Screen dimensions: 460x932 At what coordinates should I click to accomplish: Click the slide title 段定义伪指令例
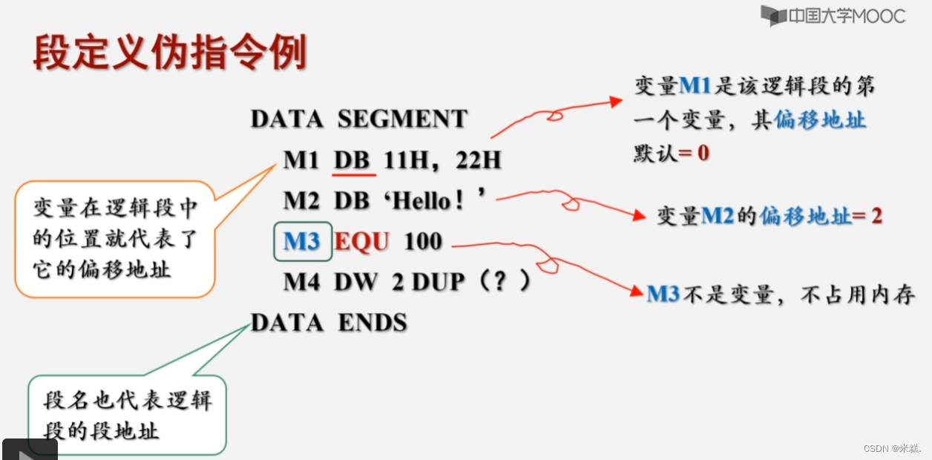[x=170, y=53]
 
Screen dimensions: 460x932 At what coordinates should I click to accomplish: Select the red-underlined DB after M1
[x=352, y=160]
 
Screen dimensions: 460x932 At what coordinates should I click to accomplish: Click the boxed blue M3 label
[x=301, y=241]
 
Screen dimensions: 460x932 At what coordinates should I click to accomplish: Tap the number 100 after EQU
[x=423, y=241]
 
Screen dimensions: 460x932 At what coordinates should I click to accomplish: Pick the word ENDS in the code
[x=373, y=323]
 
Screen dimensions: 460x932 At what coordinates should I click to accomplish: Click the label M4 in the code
[x=301, y=282]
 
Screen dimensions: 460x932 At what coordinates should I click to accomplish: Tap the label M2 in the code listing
[x=301, y=200]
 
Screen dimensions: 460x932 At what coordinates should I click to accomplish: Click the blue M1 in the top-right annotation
[x=695, y=86]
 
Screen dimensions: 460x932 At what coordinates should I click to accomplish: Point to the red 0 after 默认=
[x=703, y=154]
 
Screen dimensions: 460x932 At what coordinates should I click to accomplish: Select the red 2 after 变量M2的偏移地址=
[x=876, y=216]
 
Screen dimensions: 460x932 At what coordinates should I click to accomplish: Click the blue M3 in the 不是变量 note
[x=663, y=295]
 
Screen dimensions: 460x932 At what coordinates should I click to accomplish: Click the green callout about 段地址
[x=127, y=415]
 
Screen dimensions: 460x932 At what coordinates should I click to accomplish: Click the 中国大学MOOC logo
[x=833, y=16]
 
